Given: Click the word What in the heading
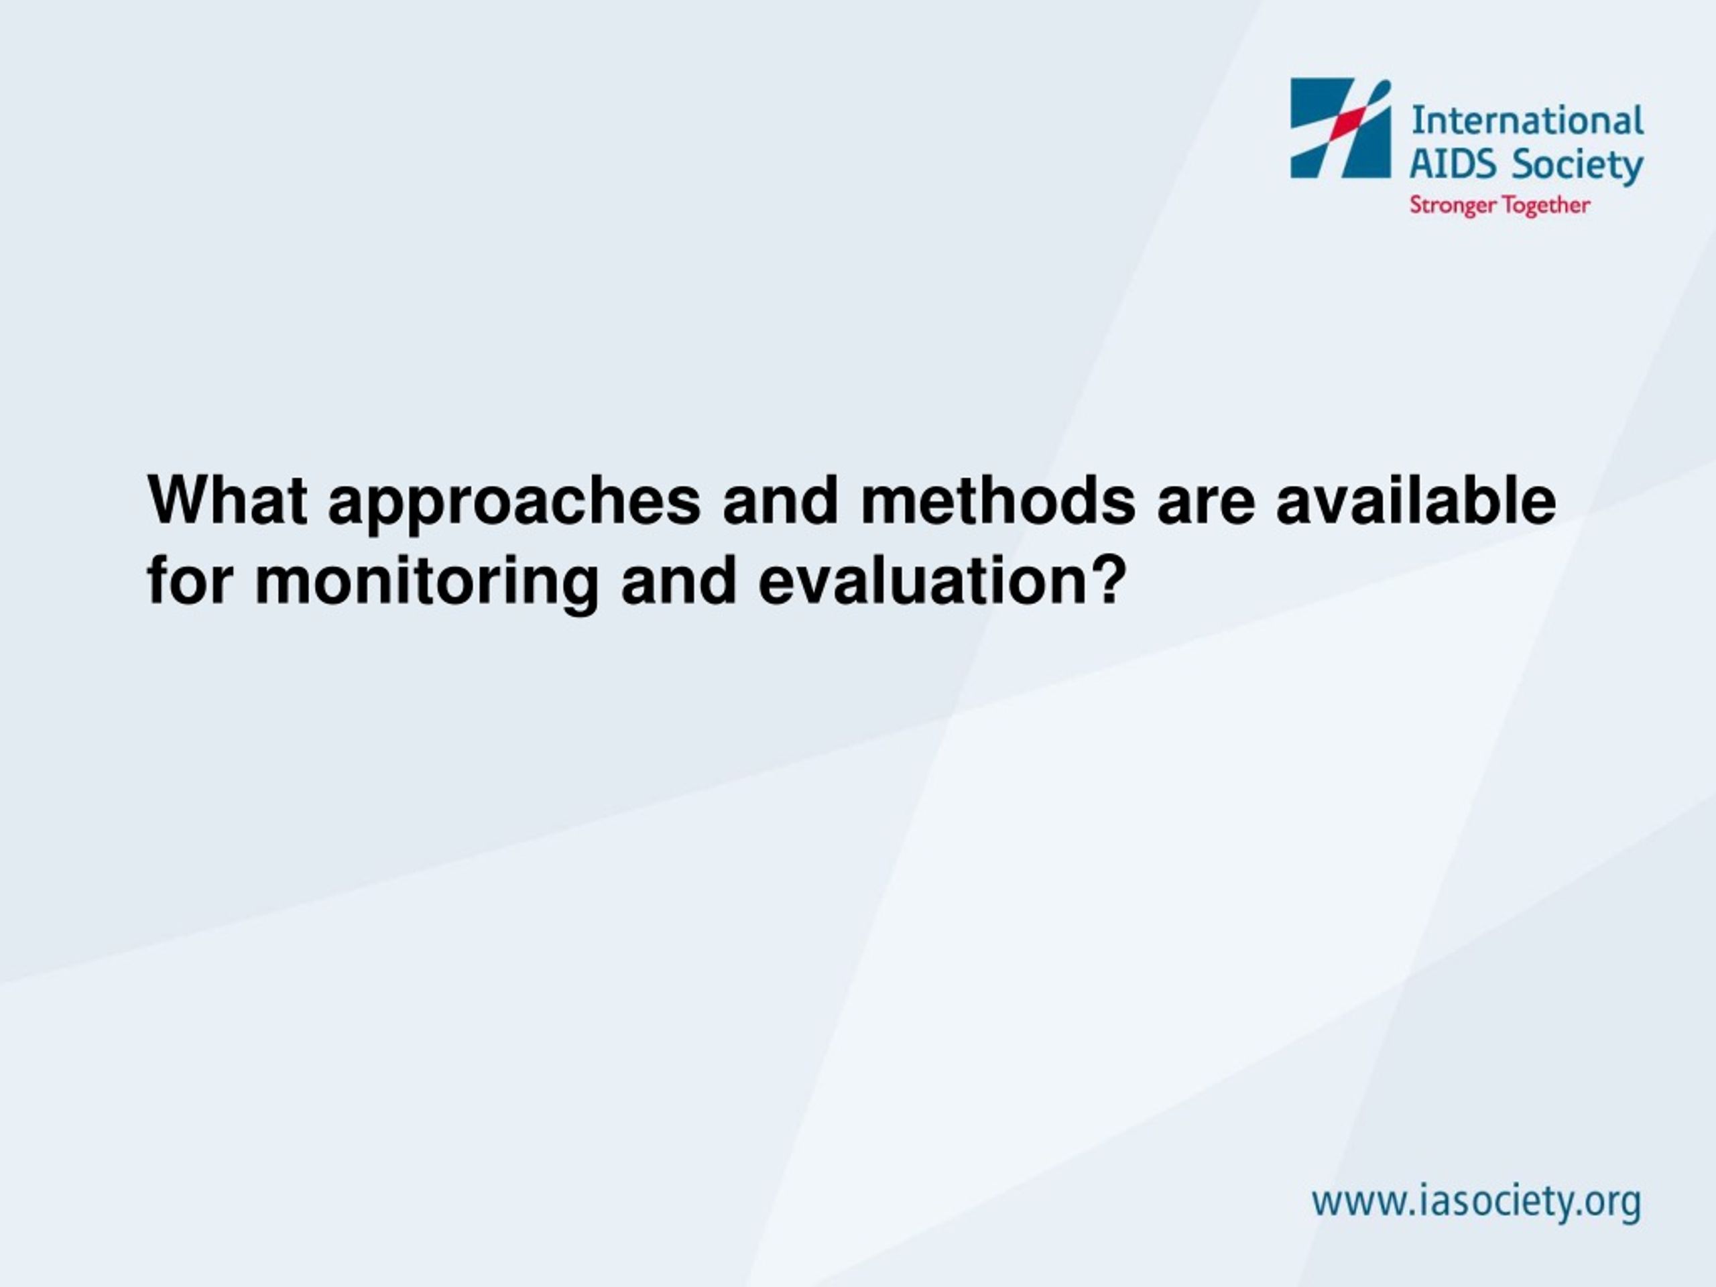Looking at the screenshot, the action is pyautogui.click(x=227, y=500).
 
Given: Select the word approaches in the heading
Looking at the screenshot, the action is pyautogui.click(x=515, y=505).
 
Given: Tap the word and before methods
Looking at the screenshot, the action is pyautogui.click(x=780, y=500).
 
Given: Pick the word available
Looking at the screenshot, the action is pyautogui.click(x=1416, y=500).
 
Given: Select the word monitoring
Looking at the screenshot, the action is pyautogui.click(x=428, y=586).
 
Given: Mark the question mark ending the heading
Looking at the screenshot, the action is pyautogui.click(x=1107, y=581).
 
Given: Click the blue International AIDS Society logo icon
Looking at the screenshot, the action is pyautogui.click(x=1341, y=128).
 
